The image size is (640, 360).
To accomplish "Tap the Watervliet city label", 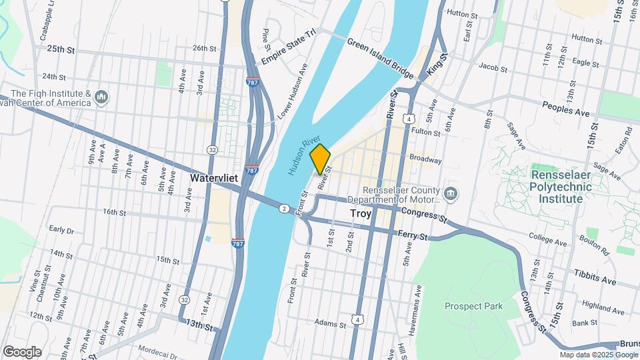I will tap(214, 179).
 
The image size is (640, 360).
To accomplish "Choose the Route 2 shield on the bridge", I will tap(285, 209).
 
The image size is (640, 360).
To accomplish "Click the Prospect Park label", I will tap(474, 306).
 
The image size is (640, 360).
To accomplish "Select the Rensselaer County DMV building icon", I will tap(451, 194).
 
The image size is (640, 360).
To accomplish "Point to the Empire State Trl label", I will tap(287, 51).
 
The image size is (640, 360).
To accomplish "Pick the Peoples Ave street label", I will tap(566, 109).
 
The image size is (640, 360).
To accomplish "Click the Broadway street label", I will tap(425, 159).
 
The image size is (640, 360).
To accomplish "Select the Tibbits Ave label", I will tap(595, 281).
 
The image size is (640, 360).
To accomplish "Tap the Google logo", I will tap(22, 351).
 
